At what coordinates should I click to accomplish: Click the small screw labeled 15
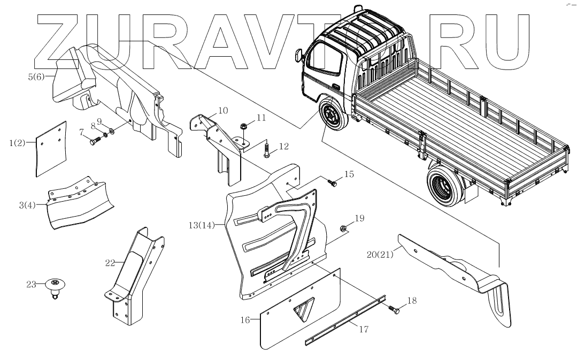(334, 183)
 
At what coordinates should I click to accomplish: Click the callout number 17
(364, 329)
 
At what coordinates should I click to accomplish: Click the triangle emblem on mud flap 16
(302, 309)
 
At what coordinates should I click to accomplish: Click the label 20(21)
(381, 254)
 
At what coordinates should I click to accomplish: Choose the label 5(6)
(38, 76)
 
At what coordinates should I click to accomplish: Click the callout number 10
(223, 111)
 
